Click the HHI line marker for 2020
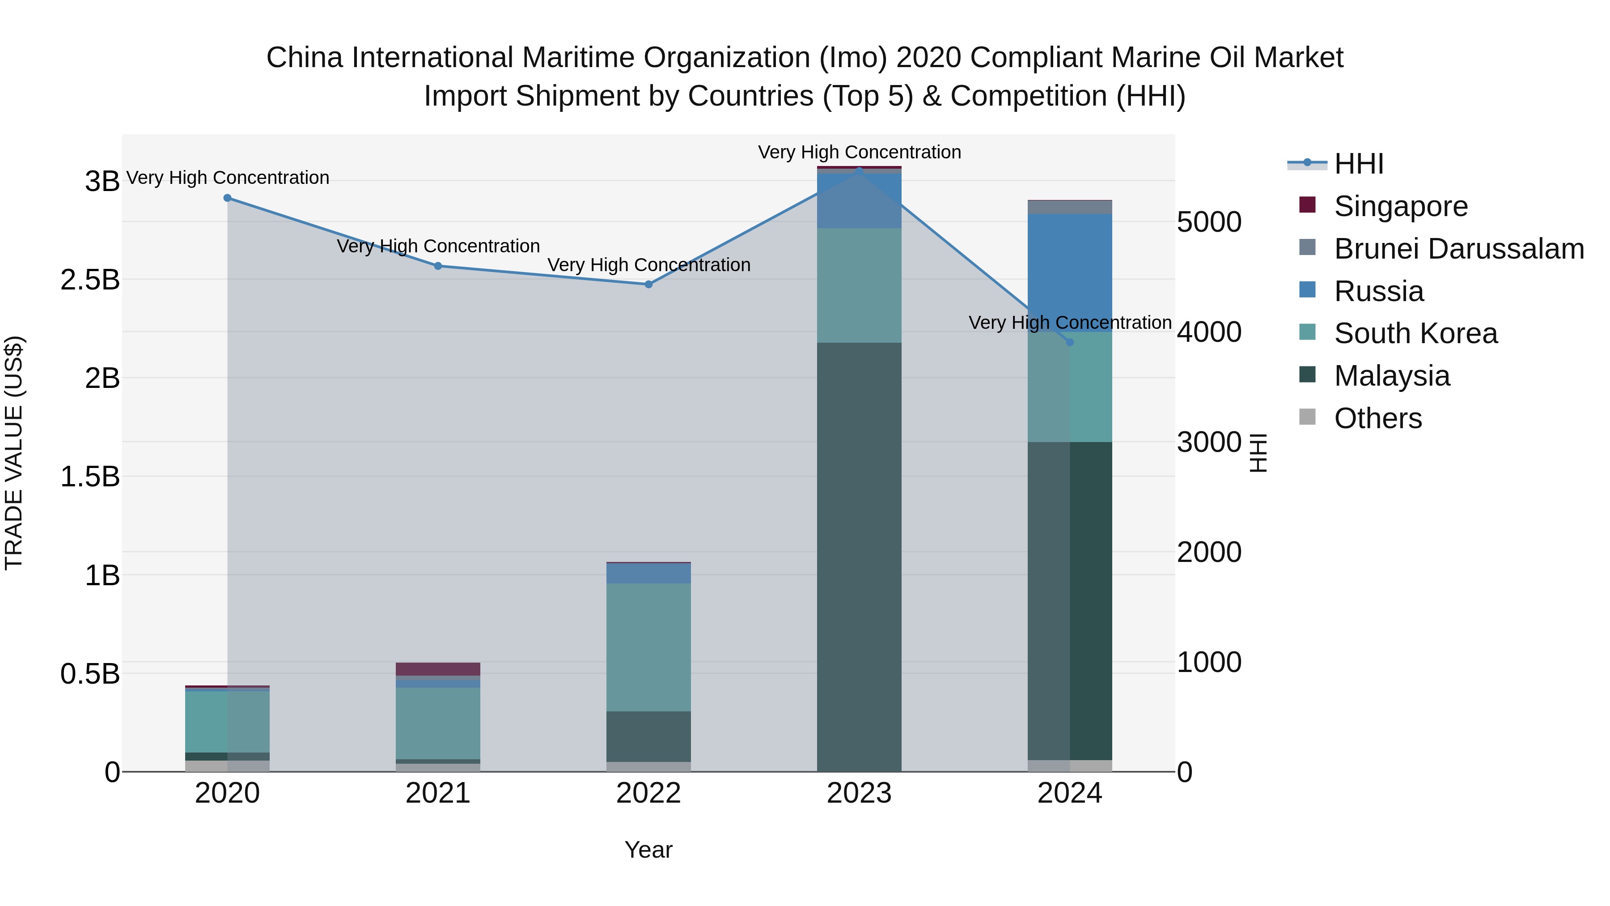coord(228,198)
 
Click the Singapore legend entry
coord(1400,206)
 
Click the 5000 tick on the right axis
coord(1209,223)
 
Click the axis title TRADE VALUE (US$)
coord(14,453)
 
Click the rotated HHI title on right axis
coord(1258,453)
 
